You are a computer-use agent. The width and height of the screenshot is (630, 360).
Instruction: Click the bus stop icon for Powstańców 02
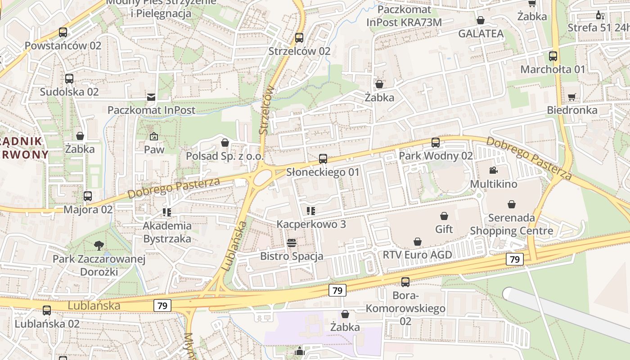tap(63, 32)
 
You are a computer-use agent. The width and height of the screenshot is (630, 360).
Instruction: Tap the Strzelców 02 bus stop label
tap(299, 51)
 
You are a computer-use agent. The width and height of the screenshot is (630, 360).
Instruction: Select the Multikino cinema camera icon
tap(494, 170)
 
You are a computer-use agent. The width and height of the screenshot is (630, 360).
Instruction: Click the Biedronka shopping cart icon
tap(572, 97)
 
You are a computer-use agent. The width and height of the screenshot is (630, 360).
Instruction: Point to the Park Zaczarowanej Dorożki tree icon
tap(99, 245)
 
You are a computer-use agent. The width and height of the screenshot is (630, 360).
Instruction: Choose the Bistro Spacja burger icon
tap(292, 243)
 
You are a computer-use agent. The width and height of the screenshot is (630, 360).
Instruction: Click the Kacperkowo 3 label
tap(311, 224)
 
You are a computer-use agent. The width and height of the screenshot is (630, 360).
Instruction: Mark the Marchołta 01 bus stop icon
tap(553, 56)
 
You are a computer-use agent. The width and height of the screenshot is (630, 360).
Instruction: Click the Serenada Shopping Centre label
tap(512, 225)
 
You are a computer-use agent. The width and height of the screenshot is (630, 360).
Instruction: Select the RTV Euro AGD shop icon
tap(418, 242)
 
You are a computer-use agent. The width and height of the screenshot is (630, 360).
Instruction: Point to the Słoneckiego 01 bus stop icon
tap(323, 158)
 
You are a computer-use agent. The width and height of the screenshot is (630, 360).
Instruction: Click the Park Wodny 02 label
tap(436, 156)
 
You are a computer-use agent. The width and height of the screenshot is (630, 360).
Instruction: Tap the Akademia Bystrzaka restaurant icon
tap(167, 212)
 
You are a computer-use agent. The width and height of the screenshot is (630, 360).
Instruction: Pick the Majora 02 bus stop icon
tap(88, 196)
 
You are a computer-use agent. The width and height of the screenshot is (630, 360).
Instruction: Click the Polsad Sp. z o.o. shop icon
tap(225, 143)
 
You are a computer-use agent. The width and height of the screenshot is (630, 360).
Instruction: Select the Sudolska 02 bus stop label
tap(69, 92)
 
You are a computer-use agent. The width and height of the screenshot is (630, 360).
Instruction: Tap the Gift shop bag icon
tap(444, 216)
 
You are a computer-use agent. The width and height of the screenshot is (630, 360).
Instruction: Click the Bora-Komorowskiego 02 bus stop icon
tap(405, 282)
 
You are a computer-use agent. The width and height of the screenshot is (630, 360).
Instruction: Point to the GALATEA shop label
tap(481, 34)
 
